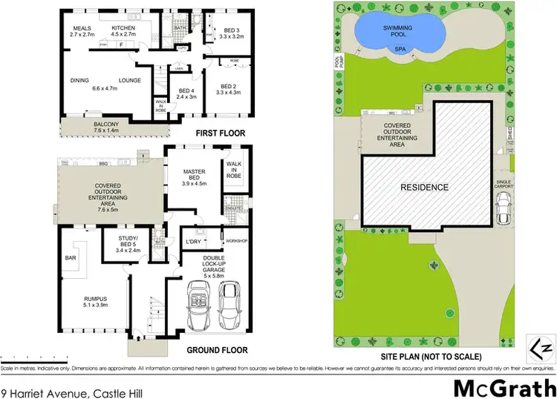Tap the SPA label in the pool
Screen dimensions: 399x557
pos(400,50)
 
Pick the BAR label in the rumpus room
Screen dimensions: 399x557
pos(71,258)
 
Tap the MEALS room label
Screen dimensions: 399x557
pos(81,27)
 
